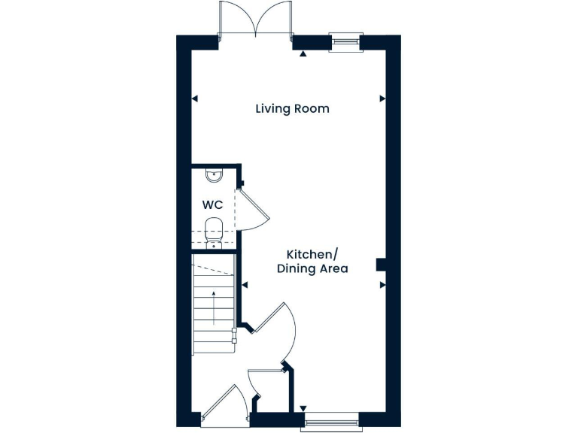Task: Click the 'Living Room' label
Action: (292, 109)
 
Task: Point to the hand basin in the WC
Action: (214, 177)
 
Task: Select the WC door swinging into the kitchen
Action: (251, 210)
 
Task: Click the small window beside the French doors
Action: (345, 41)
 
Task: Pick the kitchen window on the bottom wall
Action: (330, 422)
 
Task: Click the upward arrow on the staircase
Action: (214, 307)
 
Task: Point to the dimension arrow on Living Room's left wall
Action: (195, 98)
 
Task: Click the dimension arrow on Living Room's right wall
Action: (382, 98)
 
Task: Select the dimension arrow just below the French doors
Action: (303, 54)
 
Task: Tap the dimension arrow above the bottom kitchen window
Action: (303, 409)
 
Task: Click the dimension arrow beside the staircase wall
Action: (245, 285)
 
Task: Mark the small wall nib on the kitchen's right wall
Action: (381, 263)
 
